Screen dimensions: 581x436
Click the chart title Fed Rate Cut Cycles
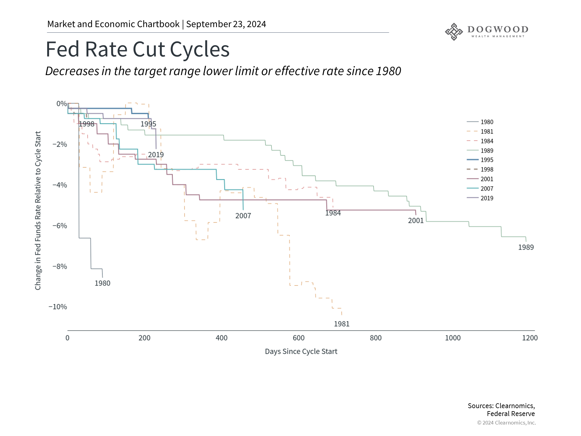tap(138, 49)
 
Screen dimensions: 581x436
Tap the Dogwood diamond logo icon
tap(454, 32)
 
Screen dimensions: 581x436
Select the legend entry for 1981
tap(480, 132)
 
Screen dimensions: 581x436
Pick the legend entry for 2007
tap(480, 189)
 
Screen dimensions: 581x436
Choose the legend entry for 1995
tap(480, 160)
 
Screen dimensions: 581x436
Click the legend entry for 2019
tap(480, 198)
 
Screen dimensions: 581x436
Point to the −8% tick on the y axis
tap(60, 266)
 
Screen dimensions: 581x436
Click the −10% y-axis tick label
tap(58, 307)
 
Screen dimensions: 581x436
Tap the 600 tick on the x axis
tap(299, 338)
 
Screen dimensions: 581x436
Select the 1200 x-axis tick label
tap(530, 338)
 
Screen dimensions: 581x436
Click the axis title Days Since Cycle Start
tap(301, 352)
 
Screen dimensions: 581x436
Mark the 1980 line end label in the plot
tap(103, 283)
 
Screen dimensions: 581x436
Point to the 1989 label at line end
tap(526, 247)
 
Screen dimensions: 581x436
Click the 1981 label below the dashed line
tap(342, 324)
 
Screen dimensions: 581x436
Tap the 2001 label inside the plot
tap(416, 221)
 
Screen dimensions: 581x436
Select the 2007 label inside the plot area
tap(243, 216)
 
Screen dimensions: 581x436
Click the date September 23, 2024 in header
tap(226, 24)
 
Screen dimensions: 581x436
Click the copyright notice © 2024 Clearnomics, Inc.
tap(507, 423)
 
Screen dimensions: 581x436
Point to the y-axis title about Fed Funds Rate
tap(38, 211)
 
